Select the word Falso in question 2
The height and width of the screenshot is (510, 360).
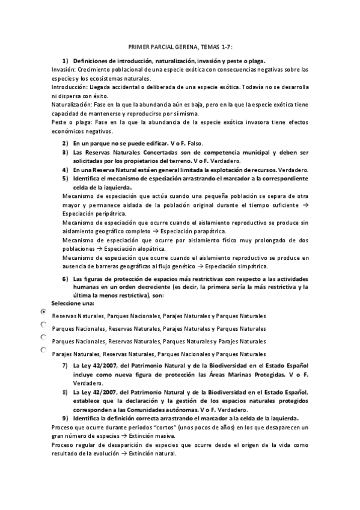tap(196, 144)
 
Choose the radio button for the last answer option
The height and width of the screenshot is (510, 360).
tap(43, 349)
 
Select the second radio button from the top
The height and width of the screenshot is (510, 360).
tap(43, 325)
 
